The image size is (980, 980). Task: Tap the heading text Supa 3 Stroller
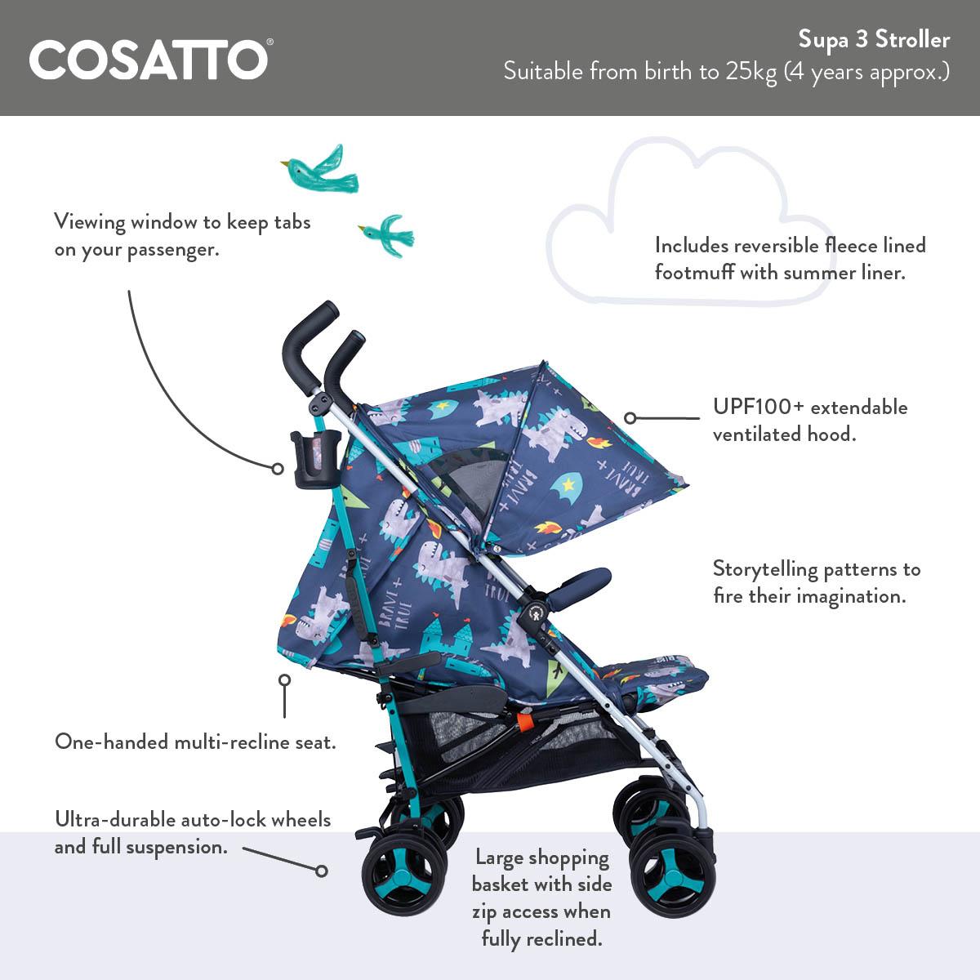tap(874, 39)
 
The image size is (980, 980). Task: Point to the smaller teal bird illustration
tap(384, 232)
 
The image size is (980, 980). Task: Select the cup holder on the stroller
tap(311, 461)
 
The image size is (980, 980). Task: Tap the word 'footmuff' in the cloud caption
tap(695, 272)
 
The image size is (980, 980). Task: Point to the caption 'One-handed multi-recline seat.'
tap(195, 742)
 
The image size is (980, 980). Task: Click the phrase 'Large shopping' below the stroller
tap(542, 857)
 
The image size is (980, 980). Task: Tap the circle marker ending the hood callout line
tap(630, 418)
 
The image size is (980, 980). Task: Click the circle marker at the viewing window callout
tap(278, 469)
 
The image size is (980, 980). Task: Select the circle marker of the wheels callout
tap(322, 871)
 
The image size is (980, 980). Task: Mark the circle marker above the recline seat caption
tap(284, 680)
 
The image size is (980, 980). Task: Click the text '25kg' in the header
tap(751, 72)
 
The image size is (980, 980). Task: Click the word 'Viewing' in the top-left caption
tap(90, 221)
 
